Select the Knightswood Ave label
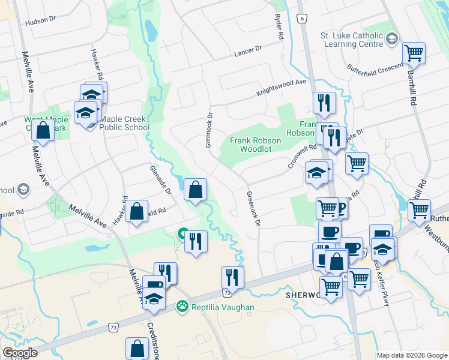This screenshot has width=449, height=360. tap(282, 88)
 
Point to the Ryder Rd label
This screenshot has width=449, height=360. tap(279, 27)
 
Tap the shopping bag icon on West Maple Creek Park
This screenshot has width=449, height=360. tap(43, 129)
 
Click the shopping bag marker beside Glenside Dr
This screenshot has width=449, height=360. tap(195, 191)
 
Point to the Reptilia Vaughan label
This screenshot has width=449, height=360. tap(223, 307)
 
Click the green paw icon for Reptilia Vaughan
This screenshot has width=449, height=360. tap(181, 307)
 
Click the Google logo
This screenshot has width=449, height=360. tap(20, 353)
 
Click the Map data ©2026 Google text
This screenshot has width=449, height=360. tap(411, 355)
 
